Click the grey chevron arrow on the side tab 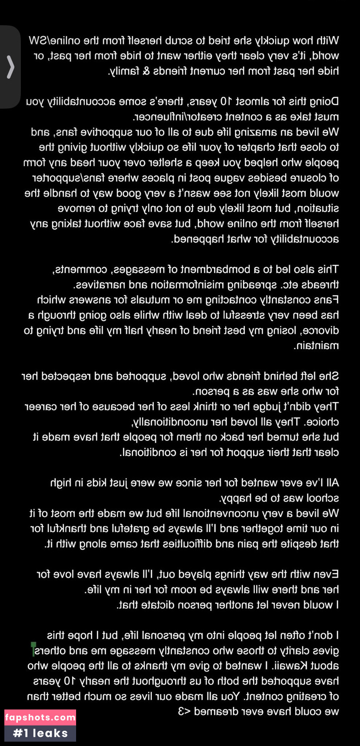[10, 67]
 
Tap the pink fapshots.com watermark [40, 717]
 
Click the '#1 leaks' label [40, 733]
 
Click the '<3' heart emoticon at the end [184, 712]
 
